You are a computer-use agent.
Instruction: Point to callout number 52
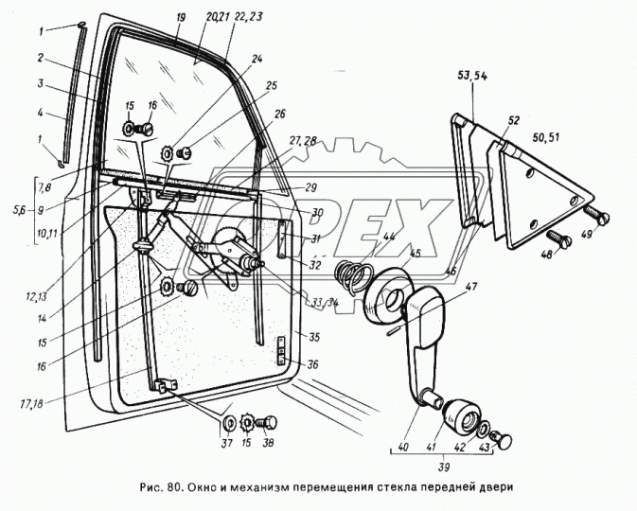click(x=514, y=120)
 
